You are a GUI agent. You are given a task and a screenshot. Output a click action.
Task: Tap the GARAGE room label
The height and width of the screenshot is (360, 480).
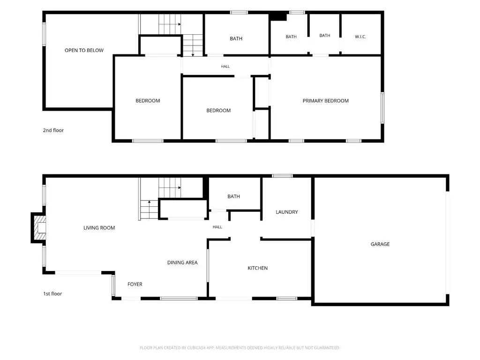click(x=380, y=244)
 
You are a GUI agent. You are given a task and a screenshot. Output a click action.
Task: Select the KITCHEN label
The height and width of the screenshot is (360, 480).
click(x=257, y=268)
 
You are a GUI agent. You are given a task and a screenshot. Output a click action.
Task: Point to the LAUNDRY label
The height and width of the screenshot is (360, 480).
click(x=286, y=212)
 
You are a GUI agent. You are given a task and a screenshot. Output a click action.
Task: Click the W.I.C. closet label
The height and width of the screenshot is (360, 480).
click(x=360, y=37)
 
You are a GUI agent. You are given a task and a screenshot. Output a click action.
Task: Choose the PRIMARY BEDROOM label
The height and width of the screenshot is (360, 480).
click(x=325, y=101)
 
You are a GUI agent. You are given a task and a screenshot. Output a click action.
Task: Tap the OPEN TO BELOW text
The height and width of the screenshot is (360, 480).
click(x=84, y=50)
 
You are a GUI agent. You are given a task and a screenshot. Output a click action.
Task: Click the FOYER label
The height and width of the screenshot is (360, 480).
click(x=135, y=284)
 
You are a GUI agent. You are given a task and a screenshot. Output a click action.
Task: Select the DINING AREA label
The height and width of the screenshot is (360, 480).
click(x=182, y=262)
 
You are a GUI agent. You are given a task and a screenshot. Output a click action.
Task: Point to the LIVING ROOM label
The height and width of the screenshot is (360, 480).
click(x=99, y=228)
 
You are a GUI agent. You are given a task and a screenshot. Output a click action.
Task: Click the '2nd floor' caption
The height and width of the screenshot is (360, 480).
click(x=53, y=130)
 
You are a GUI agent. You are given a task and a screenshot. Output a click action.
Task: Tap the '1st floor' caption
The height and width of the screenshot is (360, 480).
click(x=52, y=293)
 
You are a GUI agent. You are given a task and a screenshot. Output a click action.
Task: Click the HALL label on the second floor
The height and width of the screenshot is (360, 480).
click(x=225, y=67)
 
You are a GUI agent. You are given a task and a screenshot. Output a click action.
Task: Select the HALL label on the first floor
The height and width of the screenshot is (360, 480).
click(x=217, y=227)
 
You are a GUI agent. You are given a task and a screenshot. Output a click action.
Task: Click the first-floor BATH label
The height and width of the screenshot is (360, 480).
click(x=233, y=196)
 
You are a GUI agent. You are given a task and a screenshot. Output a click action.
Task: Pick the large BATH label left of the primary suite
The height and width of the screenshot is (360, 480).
click(x=236, y=38)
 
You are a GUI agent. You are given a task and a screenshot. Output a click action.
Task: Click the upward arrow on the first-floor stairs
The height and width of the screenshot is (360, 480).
click(x=150, y=210)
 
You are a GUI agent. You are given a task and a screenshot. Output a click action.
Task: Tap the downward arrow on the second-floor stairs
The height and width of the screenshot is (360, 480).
click(x=193, y=45)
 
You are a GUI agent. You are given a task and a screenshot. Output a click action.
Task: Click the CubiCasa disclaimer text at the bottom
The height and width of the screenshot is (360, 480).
click(x=240, y=348)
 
